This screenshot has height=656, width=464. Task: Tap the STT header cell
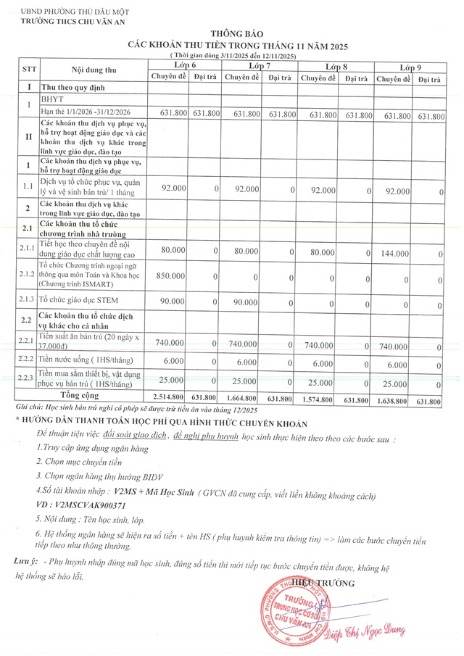point(29,70)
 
